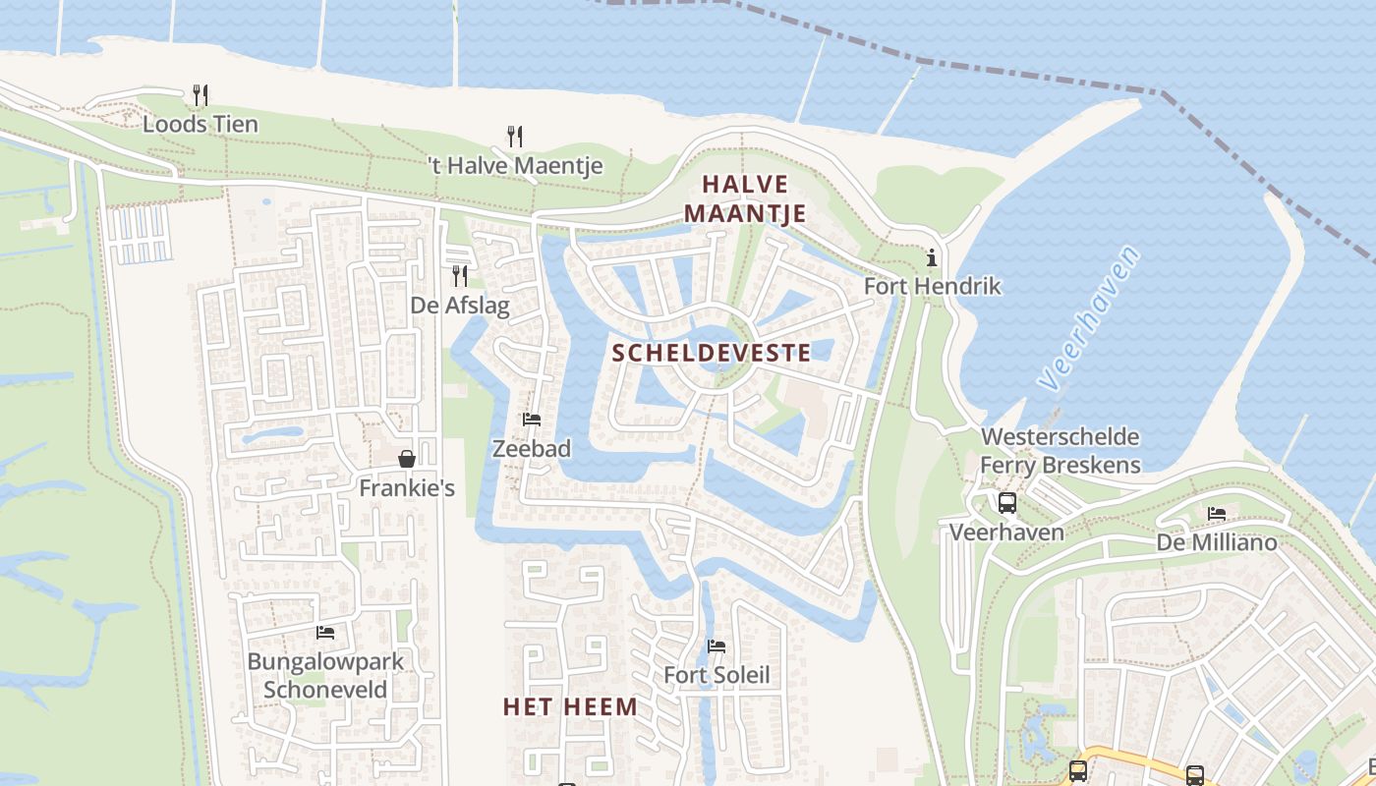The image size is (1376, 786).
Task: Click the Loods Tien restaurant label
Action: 201,124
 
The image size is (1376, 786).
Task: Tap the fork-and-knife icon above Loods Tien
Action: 201,94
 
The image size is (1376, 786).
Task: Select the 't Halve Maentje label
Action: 515,166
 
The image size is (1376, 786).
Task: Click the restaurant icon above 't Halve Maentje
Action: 514,136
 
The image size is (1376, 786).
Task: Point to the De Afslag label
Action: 460,306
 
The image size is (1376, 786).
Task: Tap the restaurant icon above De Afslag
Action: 459,275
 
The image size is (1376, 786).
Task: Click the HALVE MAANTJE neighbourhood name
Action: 745,198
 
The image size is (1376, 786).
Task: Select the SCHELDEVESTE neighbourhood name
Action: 712,353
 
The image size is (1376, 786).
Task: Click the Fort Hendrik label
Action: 932,286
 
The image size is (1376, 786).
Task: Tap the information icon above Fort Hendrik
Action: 932,258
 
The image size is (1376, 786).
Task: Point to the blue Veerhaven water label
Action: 1089,317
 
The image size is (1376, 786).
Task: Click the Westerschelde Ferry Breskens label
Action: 1061,451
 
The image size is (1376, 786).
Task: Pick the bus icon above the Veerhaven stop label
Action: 1007,504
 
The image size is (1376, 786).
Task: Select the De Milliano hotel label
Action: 1217,542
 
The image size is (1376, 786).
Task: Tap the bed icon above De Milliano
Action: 1217,513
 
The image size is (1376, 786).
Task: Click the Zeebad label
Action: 532,448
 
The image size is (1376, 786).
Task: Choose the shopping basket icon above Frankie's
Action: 407,458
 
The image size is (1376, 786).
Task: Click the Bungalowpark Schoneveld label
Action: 325,675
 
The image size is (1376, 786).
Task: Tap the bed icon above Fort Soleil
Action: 717,646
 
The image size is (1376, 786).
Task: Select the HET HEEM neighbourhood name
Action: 570,706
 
